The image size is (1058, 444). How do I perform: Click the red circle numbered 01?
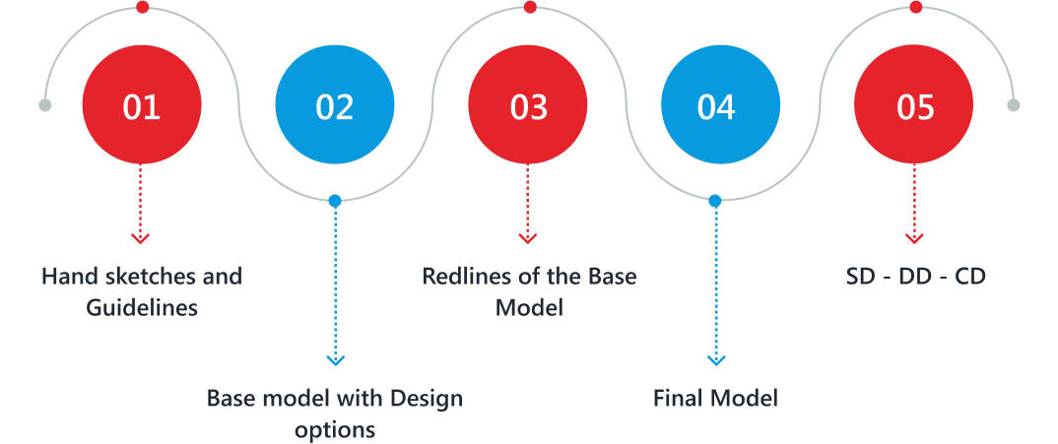[142, 104]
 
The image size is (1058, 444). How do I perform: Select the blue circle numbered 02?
[335, 104]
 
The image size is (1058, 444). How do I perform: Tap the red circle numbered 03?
[528, 104]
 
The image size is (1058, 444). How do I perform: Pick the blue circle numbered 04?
[716, 104]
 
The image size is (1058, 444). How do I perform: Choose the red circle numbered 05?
[915, 104]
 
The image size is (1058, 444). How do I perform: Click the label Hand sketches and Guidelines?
[142, 291]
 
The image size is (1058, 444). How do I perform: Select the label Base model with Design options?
[335, 413]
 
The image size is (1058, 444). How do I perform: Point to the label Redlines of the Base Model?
[529, 291]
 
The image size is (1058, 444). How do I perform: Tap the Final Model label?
[716, 399]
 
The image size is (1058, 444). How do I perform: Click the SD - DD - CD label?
[915, 277]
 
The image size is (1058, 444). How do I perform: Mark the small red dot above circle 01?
[142, 8]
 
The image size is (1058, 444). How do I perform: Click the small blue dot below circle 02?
[335, 201]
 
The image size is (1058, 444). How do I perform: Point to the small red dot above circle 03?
[529, 8]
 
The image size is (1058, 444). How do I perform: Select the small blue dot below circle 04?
[715, 201]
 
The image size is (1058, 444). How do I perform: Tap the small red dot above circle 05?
[915, 8]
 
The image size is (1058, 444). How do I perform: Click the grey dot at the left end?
[44, 105]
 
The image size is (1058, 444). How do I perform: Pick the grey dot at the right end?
[1013, 105]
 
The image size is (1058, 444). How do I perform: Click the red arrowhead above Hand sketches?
[141, 238]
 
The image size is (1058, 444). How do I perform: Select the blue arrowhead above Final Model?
[716, 360]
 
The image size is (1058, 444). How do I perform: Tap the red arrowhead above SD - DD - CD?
[915, 238]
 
